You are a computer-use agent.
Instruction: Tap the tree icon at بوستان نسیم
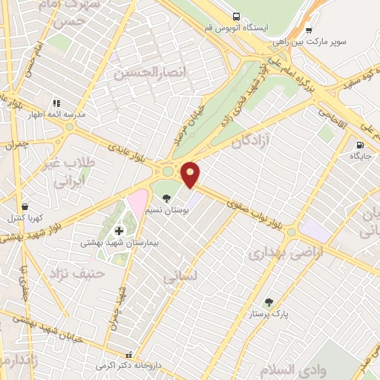pos(166,198)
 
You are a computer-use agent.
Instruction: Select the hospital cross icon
pos(119,231)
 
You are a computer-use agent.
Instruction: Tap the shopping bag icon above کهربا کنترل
pos(26,207)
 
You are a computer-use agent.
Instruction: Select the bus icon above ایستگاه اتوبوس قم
pos(236,16)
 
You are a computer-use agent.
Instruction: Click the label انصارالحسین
pos(142,73)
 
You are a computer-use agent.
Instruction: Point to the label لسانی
pos(180,276)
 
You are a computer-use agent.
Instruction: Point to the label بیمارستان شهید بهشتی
pos(116,243)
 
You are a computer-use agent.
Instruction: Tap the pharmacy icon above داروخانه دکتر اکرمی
pos(129,355)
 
